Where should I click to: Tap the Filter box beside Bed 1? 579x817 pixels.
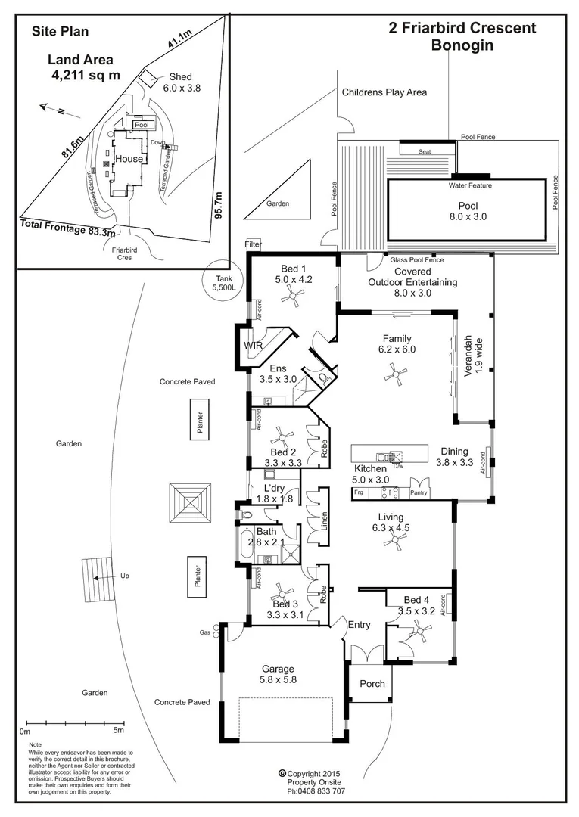point(252,244)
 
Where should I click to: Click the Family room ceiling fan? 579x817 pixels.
point(394,371)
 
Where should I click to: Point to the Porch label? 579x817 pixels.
point(372,683)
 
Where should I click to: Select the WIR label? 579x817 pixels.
point(252,345)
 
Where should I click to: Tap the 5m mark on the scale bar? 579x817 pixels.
point(118,731)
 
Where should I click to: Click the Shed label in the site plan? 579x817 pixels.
point(180,76)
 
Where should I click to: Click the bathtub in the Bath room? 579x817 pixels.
point(244,547)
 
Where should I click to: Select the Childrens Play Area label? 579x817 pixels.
point(384,92)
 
